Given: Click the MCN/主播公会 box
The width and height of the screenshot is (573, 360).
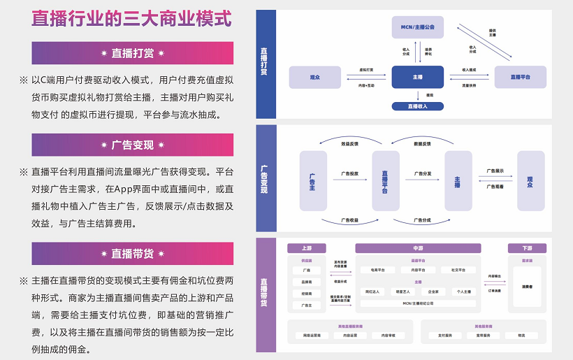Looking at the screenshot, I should coord(418,27).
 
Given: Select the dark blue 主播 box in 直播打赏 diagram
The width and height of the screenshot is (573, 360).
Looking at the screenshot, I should coord(418,76).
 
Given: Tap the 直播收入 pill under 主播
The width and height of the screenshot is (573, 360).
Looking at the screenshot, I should coord(418,106).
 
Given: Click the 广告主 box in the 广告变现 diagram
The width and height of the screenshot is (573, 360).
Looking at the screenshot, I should coord(312,180).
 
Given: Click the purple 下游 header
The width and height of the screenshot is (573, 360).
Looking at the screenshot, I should coord(527,248).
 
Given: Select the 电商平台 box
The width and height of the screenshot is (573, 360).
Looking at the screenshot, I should coord(377,270).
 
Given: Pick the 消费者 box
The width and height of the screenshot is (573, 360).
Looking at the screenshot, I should coord(527,287).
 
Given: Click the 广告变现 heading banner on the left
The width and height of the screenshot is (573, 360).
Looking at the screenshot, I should coord(133,145).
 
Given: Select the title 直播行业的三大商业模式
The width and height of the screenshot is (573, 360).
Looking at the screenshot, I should coord(132,19).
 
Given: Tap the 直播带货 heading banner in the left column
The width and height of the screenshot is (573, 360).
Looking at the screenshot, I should coord(133,253).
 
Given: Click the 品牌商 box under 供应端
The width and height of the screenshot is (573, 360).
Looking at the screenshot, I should coord(306,282).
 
